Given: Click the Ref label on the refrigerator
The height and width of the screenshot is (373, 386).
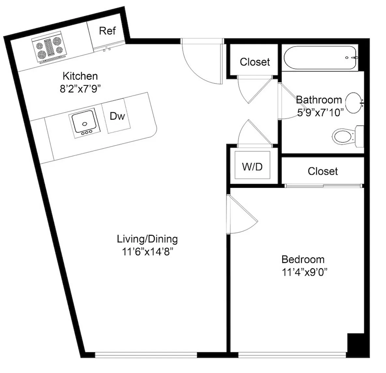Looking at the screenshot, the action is pyautogui.click(x=107, y=31).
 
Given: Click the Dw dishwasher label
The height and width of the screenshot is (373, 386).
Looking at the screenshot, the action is pyautogui.click(x=117, y=116).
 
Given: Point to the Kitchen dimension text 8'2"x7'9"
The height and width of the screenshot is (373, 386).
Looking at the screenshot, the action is pyautogui.click(x=81, y=89).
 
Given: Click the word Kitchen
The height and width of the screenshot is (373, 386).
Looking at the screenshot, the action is pyautogui.click(x=80, y=76).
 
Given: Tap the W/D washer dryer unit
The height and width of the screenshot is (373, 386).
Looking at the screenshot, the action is pyautogui.click(x=252, y=165).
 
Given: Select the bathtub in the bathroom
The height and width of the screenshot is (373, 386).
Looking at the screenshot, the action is pyautogui.click(x=320, y=58).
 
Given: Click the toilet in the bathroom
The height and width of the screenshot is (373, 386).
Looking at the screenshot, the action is pyautogui.click(x=348, y=136).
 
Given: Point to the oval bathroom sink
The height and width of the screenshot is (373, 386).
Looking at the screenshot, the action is pyautogui.click(x=354, y=103).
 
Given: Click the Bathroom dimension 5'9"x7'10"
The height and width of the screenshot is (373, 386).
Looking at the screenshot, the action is pyautogui.click(x=320, y=113).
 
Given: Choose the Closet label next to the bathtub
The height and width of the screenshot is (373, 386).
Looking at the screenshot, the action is pyautogui.click(x=255, y=62).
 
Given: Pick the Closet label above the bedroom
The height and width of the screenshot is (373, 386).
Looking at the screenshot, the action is pyautogui.click(x=323, y=171).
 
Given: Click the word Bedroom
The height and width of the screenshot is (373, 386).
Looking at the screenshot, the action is pyautogui.click(x=303, y=259).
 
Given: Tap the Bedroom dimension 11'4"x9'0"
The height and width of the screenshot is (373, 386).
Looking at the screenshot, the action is pyautogui.click(x=304, y=272).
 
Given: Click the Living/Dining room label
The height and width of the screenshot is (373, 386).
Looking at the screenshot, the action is pyautogui.click(x=147, y=239).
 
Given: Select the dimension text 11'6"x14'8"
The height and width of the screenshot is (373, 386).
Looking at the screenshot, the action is pyautogui.click(x=148, y=252).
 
